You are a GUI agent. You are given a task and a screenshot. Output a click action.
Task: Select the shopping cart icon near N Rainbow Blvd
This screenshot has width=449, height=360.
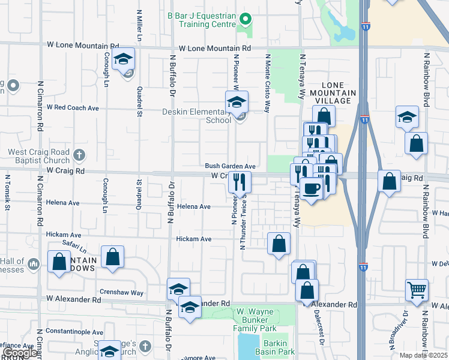pyautogui.click(x=417, y=290)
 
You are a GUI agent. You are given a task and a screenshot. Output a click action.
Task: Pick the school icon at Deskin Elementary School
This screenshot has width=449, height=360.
pyautogui.click(x=237, y=103)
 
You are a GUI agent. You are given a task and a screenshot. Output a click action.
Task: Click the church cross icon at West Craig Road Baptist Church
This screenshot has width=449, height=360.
pyautogui.click(x=78, y=156)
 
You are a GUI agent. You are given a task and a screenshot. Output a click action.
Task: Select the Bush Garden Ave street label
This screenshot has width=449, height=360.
pyautogui.click(x=231, y=166)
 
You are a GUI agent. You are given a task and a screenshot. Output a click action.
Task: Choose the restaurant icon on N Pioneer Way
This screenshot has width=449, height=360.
pyautogui.click(x=240, y=182)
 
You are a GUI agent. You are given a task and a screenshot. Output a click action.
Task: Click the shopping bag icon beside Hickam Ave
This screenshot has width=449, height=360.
pyautogui.click(x=279, y=244)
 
